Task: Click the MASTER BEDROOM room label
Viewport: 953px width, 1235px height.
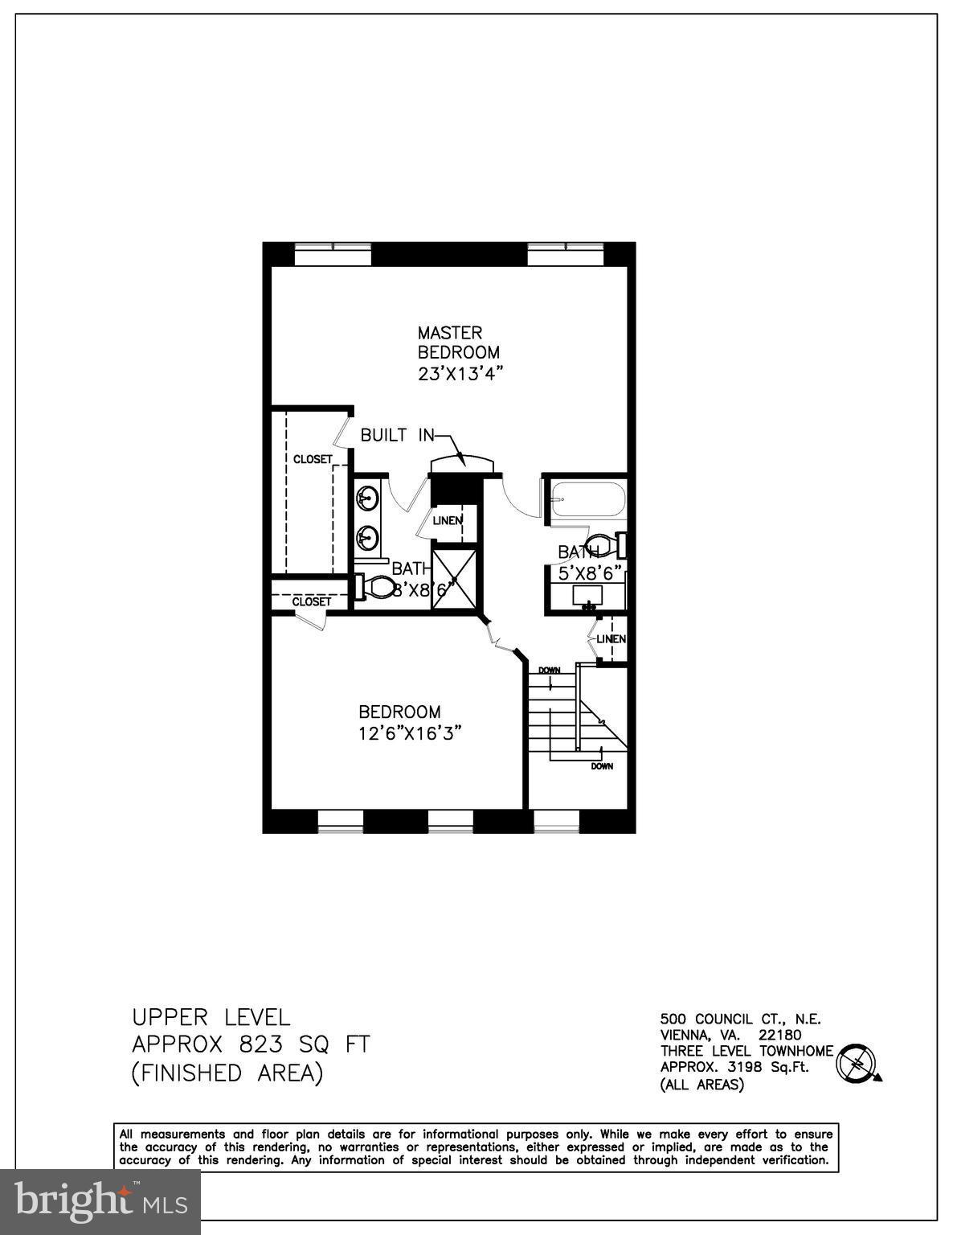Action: [x=458, y=342]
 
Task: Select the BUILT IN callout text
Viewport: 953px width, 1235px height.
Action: [x=397, y=435]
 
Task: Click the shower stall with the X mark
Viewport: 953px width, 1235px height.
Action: [x=455, y=577]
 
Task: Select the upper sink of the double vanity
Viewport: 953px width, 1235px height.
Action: [x=368, y=499]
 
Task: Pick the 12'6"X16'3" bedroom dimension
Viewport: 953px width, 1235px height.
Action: [x=411, y=733]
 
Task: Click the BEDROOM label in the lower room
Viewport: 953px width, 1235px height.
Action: [x=399, y=712]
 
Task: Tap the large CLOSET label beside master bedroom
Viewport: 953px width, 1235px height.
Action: [x=313, y=459]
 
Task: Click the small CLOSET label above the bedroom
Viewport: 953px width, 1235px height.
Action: [x=311, y=601]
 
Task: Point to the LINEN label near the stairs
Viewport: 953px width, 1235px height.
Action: [x=611, y=639]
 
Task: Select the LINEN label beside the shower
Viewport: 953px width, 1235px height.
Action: [x=448, y=520]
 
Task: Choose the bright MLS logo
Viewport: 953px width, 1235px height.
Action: [x=100, y=1202]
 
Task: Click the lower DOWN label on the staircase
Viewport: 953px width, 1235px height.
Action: [x=602, y=766]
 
